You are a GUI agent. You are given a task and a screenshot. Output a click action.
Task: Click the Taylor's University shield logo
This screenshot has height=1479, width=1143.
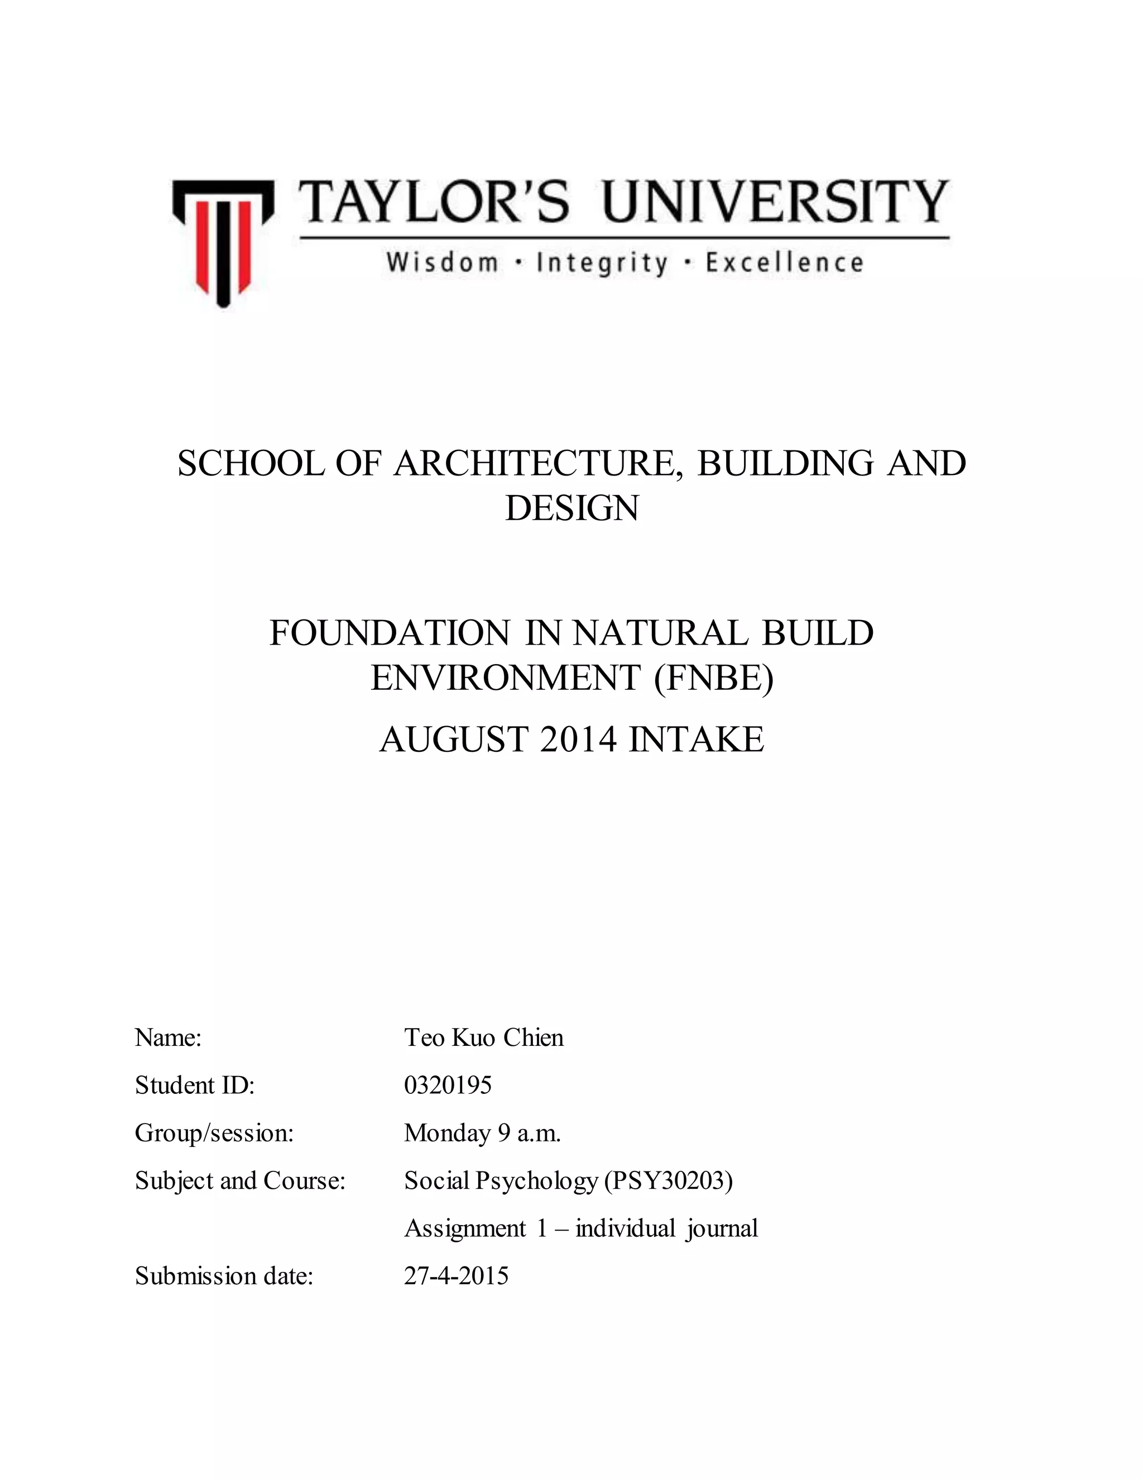tap(223, 242)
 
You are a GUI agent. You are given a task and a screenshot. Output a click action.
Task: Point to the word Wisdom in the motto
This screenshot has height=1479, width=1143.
tap(442, 263)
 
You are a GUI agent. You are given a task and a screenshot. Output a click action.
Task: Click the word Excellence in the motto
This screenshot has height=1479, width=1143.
tap(784, 263)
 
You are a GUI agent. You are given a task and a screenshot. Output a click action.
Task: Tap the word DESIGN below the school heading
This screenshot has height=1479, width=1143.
tap(571, 508)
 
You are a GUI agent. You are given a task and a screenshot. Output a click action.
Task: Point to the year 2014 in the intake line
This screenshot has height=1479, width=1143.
tap(578, 739)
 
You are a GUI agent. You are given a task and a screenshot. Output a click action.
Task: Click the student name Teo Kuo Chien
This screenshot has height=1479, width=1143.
tap(483, 1038)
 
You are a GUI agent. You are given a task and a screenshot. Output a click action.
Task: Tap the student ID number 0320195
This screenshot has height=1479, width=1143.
tap(448, 1086)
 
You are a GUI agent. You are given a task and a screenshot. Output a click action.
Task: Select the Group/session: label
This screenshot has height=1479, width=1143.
tap(214, 1133)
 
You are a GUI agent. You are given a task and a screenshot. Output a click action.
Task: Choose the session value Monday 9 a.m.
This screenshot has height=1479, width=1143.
tap(482, 1133)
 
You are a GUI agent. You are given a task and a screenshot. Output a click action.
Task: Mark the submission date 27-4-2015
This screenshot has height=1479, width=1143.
tap(456, 1276)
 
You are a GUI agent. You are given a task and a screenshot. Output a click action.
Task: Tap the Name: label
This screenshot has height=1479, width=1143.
tap(168, 1038)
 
